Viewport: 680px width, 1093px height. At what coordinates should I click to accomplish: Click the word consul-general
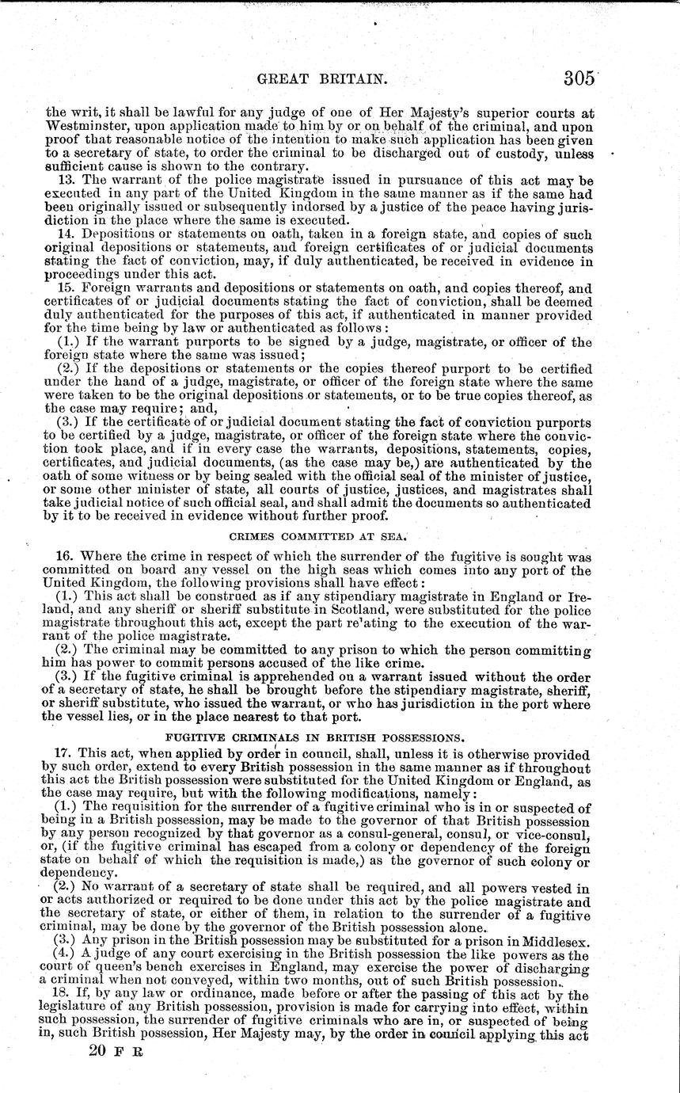tap(416, 835)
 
